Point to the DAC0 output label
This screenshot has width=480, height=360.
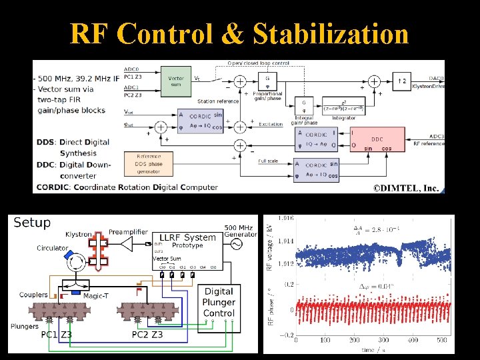(437, 79)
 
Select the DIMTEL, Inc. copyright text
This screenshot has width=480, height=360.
(405, 188)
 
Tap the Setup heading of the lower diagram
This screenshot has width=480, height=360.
(32, 222)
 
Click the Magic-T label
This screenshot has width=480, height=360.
(97, 295)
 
